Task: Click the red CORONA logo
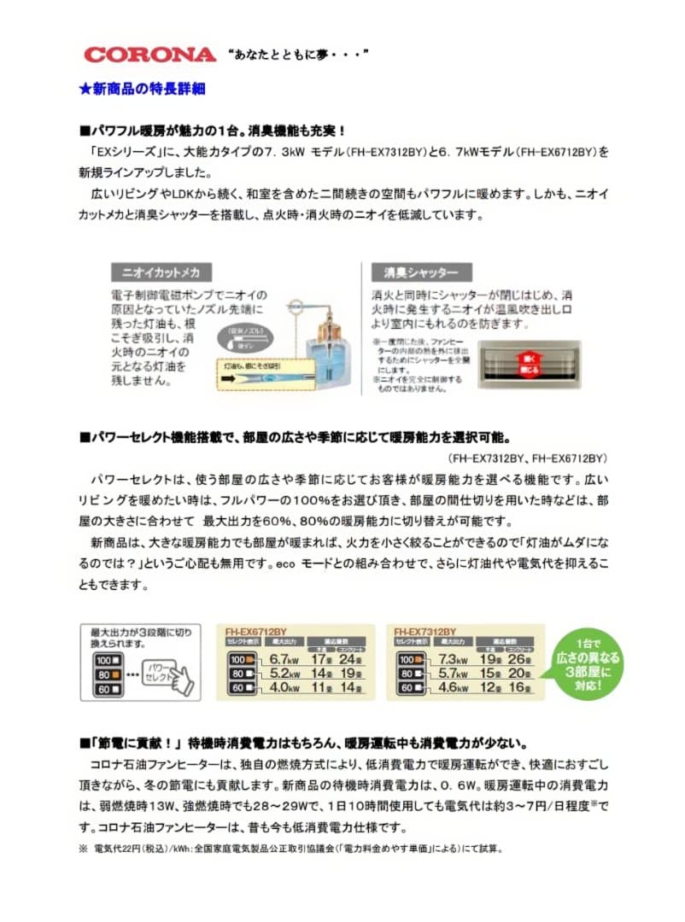click(149, 55)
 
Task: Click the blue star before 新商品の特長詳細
click(85, 88)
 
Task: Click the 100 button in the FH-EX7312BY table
click(409, 659)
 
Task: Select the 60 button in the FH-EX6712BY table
click(240, 687)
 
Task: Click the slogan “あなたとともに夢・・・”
click(298, 55)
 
